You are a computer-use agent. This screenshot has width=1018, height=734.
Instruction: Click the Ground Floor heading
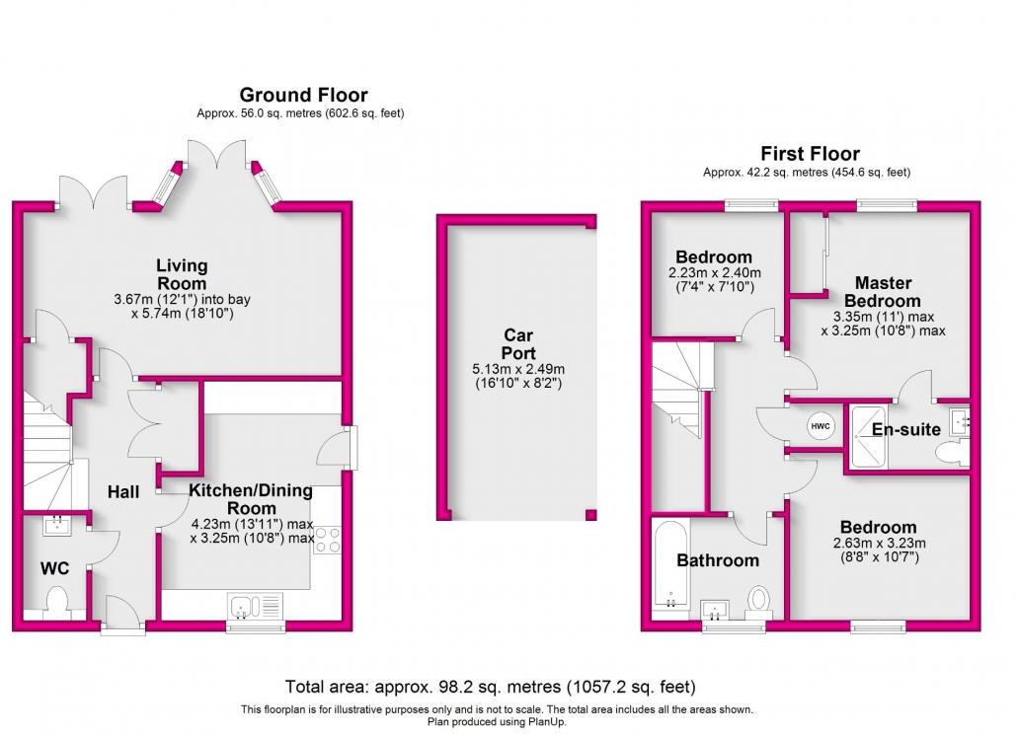coord(303,96)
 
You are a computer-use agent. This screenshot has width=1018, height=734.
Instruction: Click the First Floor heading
coord(809,154)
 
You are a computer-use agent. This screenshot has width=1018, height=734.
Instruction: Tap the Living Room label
coord(182,273)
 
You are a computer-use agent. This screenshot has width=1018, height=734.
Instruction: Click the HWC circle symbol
coord(821,426)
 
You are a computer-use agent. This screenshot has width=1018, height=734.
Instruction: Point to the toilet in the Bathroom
coord(759,599)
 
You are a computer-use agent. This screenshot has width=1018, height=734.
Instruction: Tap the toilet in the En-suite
coord(949,453)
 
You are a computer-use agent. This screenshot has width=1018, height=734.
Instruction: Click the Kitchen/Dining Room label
coord(251,499)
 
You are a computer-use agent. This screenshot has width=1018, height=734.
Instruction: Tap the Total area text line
coord(490,687)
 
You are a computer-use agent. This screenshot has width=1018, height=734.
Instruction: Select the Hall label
coord(123,492)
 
